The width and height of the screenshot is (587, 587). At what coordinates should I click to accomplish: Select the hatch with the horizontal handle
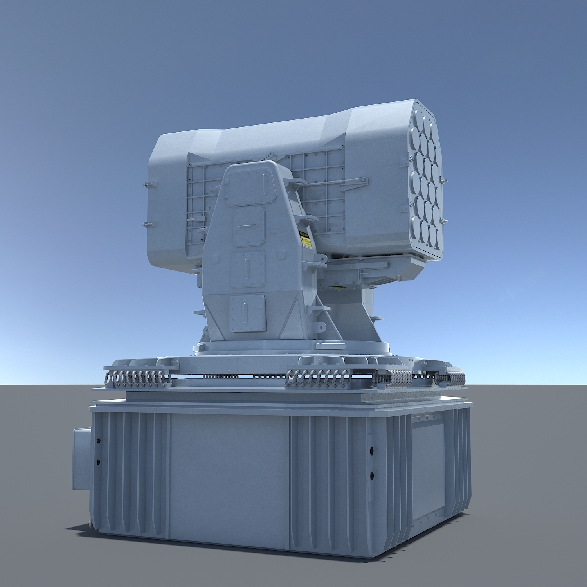click(x=248, y=227)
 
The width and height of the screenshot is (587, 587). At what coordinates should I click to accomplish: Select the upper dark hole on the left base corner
click(x=98, y=441)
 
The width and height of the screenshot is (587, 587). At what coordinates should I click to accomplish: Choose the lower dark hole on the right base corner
click(x=371, y=475)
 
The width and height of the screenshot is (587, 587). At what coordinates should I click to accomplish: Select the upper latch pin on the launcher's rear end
click(x=149, y=184)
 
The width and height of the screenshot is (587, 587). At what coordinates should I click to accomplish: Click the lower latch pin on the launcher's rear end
click(x=149, y=224)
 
